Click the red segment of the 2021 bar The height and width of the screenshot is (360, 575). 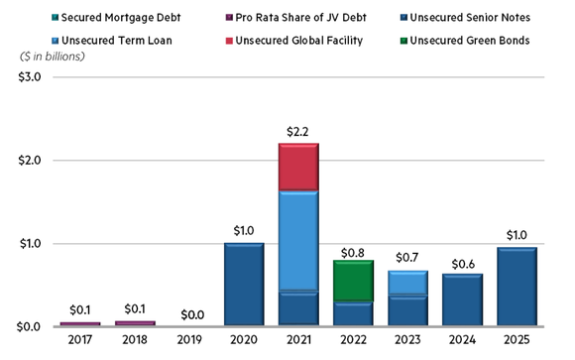[298, 167]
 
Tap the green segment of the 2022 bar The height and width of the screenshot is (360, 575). [353, 281]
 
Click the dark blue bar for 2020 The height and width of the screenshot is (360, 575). [244, 284]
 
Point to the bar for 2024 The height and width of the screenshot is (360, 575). [462, 300]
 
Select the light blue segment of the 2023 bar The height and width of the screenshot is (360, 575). [407, 283]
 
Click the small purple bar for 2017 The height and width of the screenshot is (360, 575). [80, 323]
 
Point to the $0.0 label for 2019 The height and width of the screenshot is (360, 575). [189, 314]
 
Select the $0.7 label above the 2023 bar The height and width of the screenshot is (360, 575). [407, 258]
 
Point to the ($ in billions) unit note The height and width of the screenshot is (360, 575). [52, 56]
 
